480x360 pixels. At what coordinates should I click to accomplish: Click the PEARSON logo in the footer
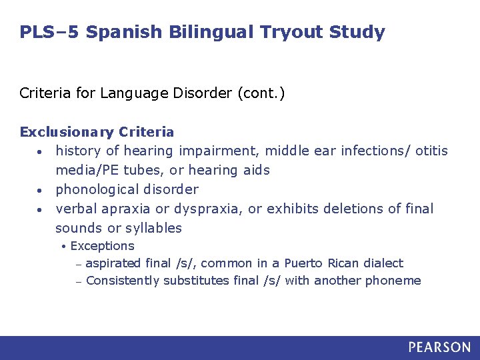[x=439, y=347]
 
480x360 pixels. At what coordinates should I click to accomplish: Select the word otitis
[x=431, y=151]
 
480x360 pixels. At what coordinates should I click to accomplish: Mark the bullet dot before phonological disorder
[x=41, y=190]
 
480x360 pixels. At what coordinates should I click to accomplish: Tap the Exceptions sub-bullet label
[x=102, y=246]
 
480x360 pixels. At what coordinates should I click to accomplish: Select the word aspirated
[x=113, y=263]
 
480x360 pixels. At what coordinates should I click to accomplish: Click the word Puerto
[x=303, y=263]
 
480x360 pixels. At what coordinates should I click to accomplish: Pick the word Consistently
[x=123, y=281]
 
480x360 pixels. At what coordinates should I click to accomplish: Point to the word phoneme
[x=393, y=281]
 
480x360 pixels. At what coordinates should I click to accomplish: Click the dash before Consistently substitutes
[x=78, y=281]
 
